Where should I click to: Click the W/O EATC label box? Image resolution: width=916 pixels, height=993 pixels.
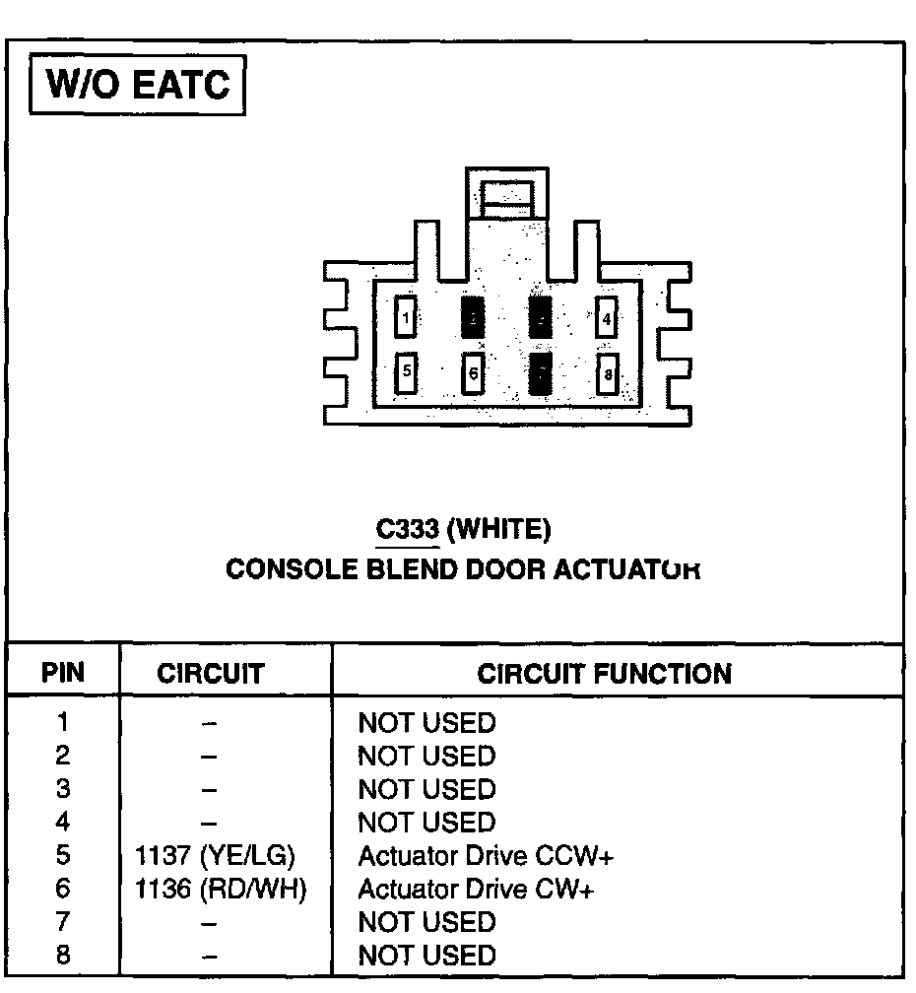[x=138, y=86]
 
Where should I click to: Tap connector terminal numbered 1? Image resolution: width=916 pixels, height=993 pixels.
[x=406, y=318]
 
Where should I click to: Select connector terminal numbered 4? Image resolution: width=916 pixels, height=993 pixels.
[x=607, y=318]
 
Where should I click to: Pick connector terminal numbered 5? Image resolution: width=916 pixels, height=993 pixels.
[x=406, y=372]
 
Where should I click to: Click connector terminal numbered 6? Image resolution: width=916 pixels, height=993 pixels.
[x=473, y=373]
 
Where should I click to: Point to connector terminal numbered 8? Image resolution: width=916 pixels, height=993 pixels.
[x=608, y=374]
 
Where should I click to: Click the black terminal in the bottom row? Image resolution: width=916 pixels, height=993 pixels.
[x=540, y=374]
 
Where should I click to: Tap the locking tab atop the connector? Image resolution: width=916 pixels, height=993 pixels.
[x=506, y=196]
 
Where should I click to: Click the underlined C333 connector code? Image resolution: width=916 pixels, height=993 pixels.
[x=407, y=530]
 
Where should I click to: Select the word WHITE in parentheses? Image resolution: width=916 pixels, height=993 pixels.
[x=498, y=530]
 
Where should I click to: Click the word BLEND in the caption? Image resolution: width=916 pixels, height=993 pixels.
[x=409, y=570]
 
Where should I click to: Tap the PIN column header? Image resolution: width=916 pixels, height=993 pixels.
[x=63, y=674]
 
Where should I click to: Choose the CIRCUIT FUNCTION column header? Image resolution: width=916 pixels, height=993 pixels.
[x=605, y=674]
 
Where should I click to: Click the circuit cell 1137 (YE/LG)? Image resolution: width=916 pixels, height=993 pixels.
[x=215, y=856]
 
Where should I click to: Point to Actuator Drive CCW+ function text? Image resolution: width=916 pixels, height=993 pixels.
[x=486, y=856]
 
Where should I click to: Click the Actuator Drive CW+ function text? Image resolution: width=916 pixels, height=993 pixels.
[x=476, y=890]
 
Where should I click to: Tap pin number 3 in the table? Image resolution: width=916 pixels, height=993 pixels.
[x=63, y=789]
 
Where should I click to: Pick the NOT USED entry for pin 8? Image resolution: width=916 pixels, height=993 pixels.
[x=426, y=956]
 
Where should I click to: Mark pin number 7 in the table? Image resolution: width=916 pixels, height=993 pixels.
[x=63, y=922]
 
